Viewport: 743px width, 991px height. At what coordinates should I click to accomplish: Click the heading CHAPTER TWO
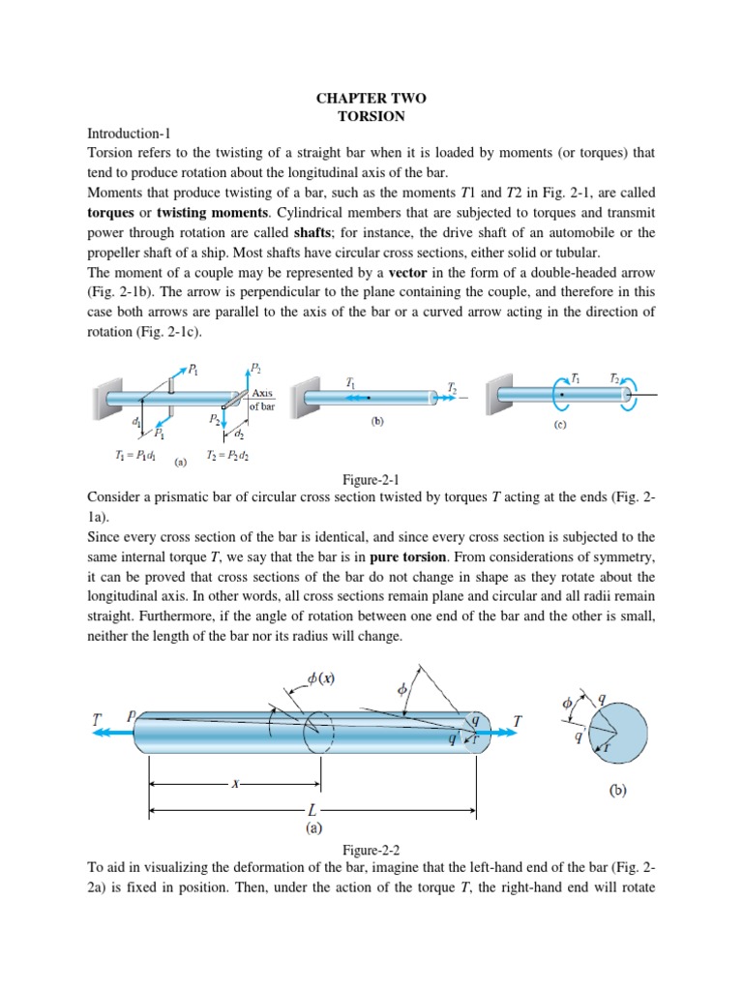[x=371, y=98]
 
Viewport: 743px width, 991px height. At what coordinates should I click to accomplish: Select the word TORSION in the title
[x=371, y=115]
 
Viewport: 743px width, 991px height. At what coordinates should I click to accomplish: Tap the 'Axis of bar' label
[x=262, y=400]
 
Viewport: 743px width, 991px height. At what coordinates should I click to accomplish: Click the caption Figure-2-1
[x=371, y=479]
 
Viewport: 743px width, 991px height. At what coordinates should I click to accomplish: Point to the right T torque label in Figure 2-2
[x=519, y=721]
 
